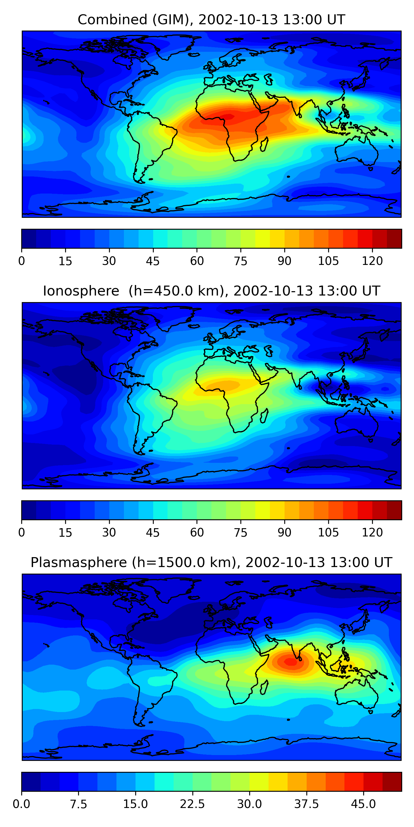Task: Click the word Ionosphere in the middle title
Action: [x=81, y=291]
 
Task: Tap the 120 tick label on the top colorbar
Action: [x=372, y=261]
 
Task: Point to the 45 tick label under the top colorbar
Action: [x=153, y=261]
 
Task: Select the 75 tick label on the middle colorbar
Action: [x=240, y=533]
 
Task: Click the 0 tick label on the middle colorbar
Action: [x=22, y=533]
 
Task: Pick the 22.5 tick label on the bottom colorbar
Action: [x=192, y=804]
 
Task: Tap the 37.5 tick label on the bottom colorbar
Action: [x=306, y=804]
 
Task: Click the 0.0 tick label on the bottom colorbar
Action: [x=22, y=804]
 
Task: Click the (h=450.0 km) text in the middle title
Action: [x=176, y=291]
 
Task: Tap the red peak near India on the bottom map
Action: [x=291, y=662]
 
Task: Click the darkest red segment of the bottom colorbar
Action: [x=392, y=782]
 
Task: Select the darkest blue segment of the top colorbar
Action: [x=29, y=238]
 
